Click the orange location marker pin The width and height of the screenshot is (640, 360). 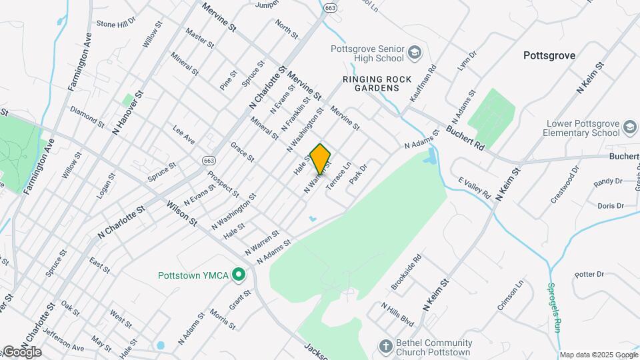[x=321, y=159]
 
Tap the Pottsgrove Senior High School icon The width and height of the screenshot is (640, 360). [x=415, y=52]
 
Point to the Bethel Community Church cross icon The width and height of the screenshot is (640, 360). [x=385, y=346]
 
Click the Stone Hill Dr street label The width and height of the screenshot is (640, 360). [x=115, y=23]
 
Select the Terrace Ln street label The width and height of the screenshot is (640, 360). [x=338, y=176]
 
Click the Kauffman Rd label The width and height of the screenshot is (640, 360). [x=423, y=82]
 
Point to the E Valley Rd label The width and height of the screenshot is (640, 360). [x=474, y=188]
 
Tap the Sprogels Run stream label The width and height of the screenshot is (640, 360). [x=553, y=307]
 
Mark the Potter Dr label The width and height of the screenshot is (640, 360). [x=589, y=274]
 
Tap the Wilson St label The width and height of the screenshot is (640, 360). [x=181, y=213]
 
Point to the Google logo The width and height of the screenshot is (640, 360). [x=21, y=352]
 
